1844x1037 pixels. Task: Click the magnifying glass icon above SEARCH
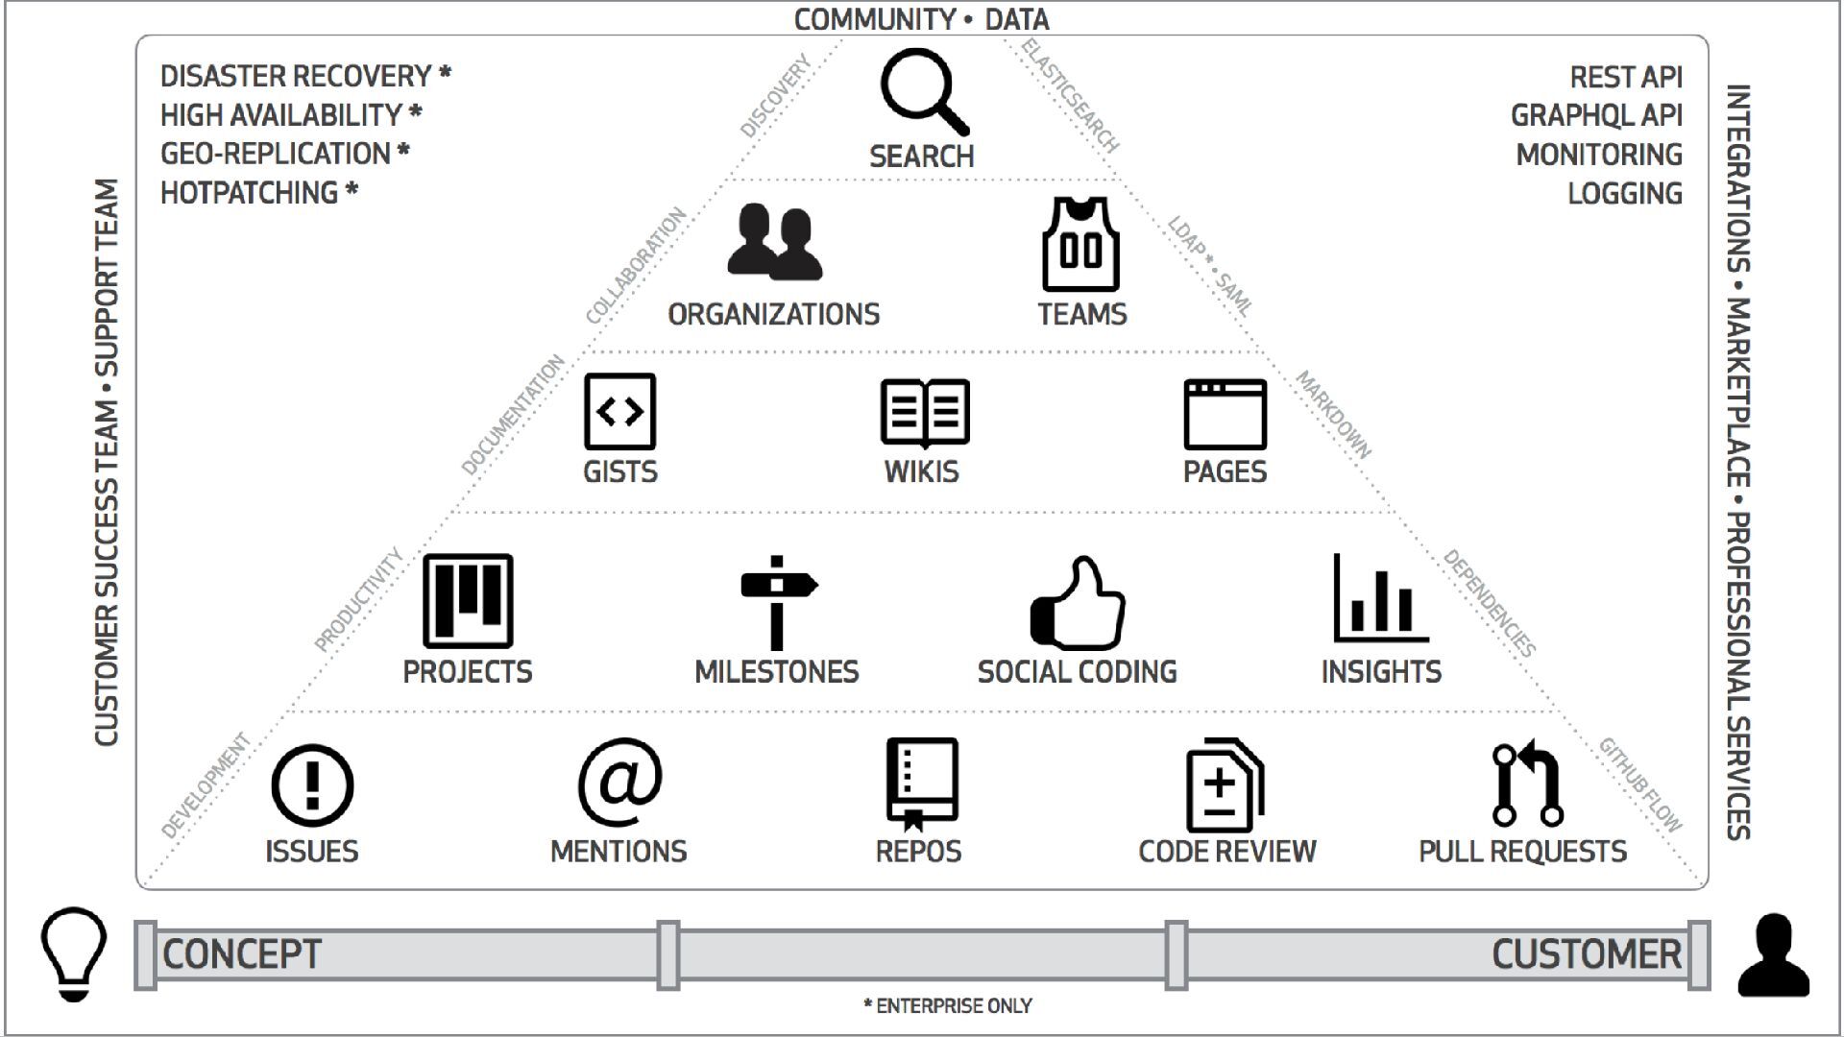coord(922,92)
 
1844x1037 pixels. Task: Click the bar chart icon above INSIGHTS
coord(1380,599)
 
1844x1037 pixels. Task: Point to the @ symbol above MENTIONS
coord(619,782)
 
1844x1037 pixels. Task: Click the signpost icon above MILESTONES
coord(777,602)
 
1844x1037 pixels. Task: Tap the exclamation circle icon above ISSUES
coord(312,785)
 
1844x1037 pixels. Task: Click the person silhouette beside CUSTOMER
coord(1773,955)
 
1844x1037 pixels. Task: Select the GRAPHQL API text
coord(1596,115)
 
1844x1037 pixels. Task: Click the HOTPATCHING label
coord(250,193)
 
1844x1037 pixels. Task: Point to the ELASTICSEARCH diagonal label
coord(1070,96)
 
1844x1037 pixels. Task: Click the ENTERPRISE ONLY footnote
coord(948,1006)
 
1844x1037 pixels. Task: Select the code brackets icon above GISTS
coord(619,412)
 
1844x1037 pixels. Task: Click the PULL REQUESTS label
coord(1522,852)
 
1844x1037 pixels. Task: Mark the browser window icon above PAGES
coord(1225,414)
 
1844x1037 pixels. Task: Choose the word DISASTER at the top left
coord(218,76)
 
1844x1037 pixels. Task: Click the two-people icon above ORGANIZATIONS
coord(774,242)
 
